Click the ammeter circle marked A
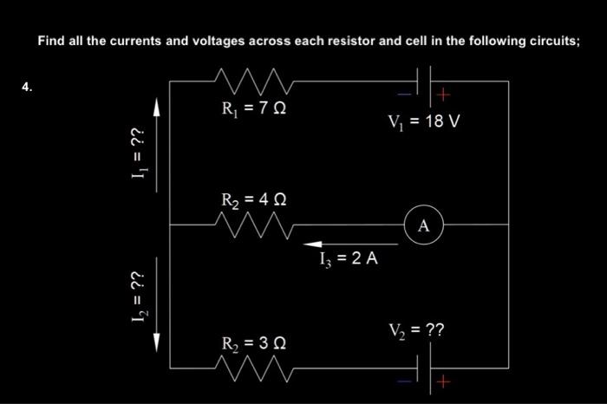pos(423,225)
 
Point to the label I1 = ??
pos(136,158)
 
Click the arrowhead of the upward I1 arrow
pos(159,107)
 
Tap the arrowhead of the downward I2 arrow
pos(159,342)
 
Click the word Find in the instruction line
pos(50,40)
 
